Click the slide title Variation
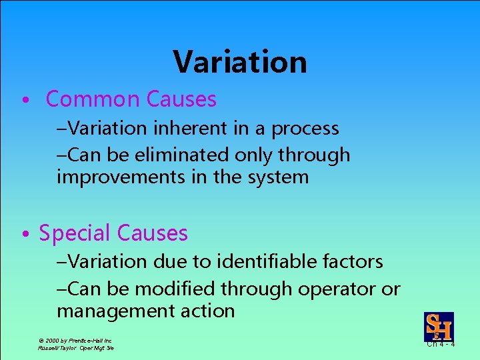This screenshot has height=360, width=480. click(x=240, y=62)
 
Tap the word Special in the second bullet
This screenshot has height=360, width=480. click(x=75, y=233)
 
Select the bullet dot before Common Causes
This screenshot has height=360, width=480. click(x=24, y=101)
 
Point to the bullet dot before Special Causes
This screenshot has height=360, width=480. click(x=24, y=234)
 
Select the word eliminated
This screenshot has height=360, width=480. click(x=175, y=155)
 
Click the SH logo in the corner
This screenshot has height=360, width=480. click(x=439, y=327)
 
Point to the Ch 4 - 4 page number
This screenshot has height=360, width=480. click(x=441, y=345)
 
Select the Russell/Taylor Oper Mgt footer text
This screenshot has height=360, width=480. click(x=76, y=348)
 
